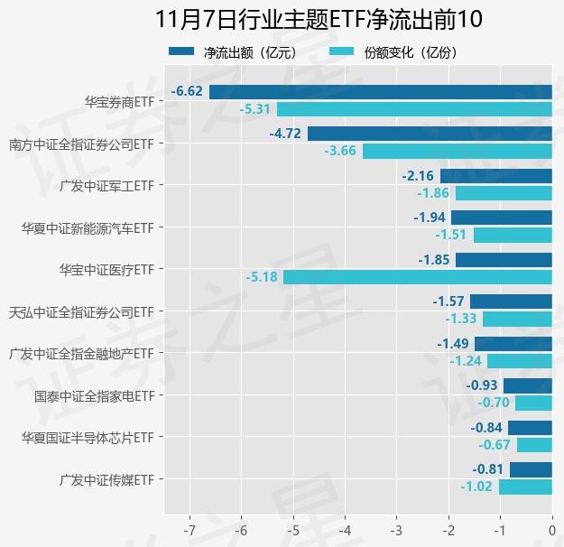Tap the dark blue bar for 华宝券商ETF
coord(380,91)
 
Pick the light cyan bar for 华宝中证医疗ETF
coord(417,277)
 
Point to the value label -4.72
coord(285,134)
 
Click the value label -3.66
coord(340,151)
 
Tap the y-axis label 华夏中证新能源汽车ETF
coord(88,227)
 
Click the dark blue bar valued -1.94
coord(501,218)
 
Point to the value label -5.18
coord(261,277)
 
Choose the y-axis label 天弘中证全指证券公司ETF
coord(81,311)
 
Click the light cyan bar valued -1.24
coord(519,361)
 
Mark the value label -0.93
coord(482,385)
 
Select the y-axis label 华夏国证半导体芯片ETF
coord(88,437)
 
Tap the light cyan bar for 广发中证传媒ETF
coord(525,487)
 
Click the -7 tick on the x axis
coord(190,527)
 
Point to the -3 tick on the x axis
coord(396,527)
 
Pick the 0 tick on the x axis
coord(551,527)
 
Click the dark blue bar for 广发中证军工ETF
coord(495,176)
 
